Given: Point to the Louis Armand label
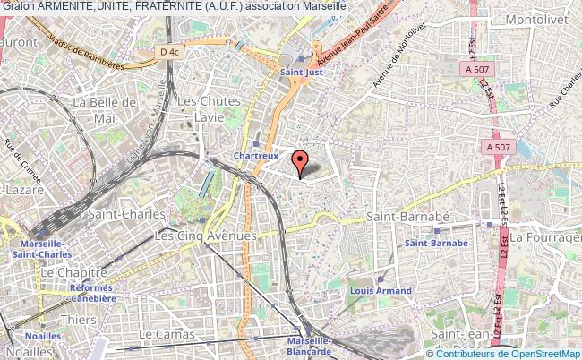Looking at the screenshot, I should (x=381, y=291).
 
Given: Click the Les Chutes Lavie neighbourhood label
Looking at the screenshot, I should (x=209, y=108).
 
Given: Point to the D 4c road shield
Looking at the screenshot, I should (x=171, y=53).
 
